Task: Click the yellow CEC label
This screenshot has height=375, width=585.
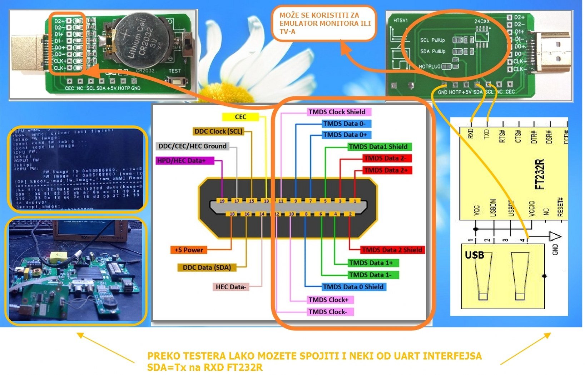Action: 240,117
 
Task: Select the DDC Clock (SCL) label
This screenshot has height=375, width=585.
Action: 218,131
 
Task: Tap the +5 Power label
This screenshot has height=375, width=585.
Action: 189,250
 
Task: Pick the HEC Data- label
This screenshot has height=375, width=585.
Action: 230,287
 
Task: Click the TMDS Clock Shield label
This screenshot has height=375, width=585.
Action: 337,112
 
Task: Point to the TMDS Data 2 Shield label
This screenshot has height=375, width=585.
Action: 392,250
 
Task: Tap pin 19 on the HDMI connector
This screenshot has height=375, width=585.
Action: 222,201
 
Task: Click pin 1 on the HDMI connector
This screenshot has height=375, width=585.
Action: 355,201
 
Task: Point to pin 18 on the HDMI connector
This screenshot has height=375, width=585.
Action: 232,214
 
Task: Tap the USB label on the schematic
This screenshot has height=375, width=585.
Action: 474,255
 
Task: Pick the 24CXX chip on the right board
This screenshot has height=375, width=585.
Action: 482,36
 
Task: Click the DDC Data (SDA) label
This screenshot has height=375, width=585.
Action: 207,267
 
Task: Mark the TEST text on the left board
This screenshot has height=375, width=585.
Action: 174,71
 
